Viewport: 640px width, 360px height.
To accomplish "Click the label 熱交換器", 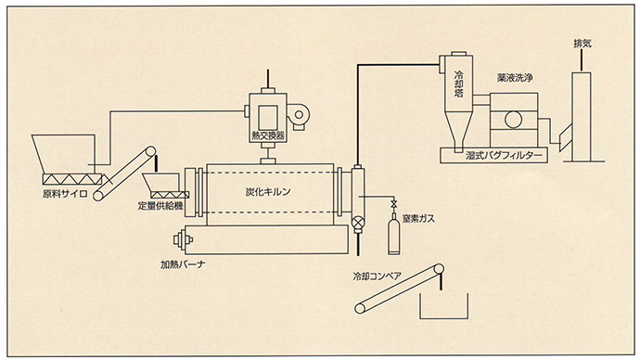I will coord(269,135).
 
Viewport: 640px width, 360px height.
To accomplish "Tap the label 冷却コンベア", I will coord(377,276).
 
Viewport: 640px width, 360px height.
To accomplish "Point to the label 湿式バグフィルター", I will coord(498,157).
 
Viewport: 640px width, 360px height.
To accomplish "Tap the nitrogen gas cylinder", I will coord(393,237).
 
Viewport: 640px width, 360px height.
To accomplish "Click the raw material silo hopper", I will coord(59,152).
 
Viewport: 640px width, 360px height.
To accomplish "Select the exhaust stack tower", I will coord(582,116).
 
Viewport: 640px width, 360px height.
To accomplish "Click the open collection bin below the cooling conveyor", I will coord(444,307).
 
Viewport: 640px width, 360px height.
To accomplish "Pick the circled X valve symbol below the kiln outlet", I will coord(357,223).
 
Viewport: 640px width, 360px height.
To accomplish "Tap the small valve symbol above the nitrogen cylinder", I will coord(393,204).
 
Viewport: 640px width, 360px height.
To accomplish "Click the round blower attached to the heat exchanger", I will coord(301,112).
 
